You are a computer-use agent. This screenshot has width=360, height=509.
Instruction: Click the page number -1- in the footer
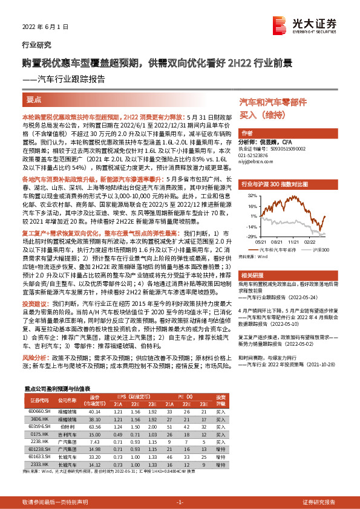coord(179,502)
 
